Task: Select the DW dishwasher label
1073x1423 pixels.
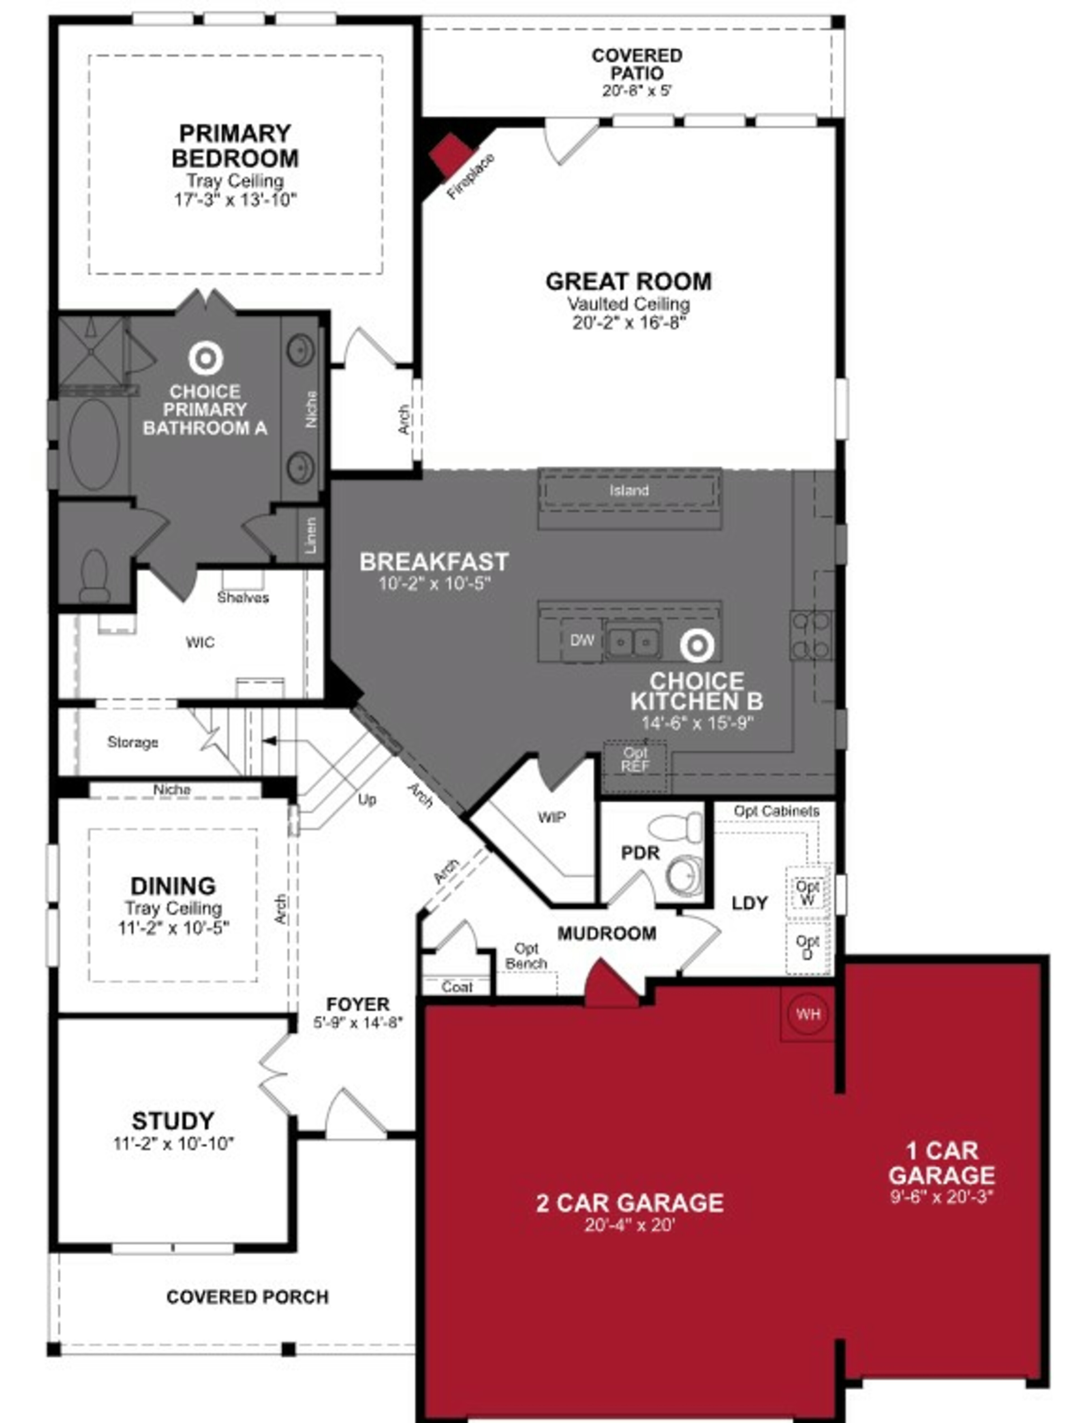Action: point(582,640)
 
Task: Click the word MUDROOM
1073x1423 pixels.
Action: point(606,933)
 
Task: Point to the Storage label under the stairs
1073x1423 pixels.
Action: point(132,742)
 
